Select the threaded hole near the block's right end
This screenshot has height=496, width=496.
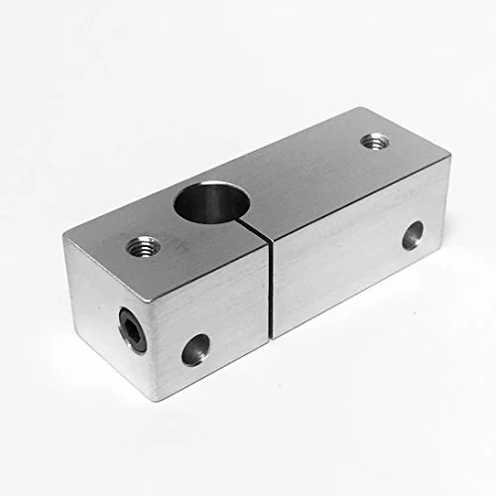tap(373, 142)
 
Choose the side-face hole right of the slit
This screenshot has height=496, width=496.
tap(412, 234)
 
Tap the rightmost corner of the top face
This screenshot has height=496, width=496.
tap(449, 157)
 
